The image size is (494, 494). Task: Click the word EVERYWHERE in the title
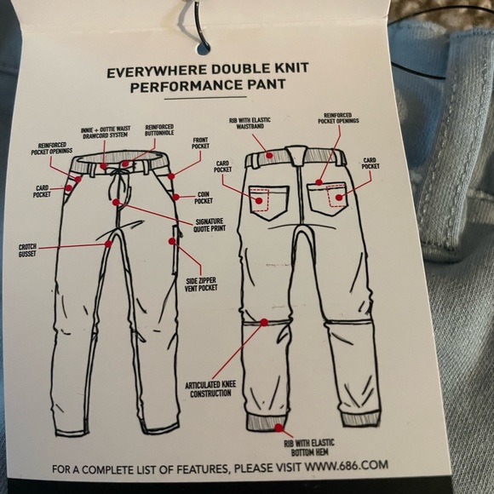[152, 73]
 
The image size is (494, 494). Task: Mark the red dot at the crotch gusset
[109, 243]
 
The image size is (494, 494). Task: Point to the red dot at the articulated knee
[263, 320]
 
